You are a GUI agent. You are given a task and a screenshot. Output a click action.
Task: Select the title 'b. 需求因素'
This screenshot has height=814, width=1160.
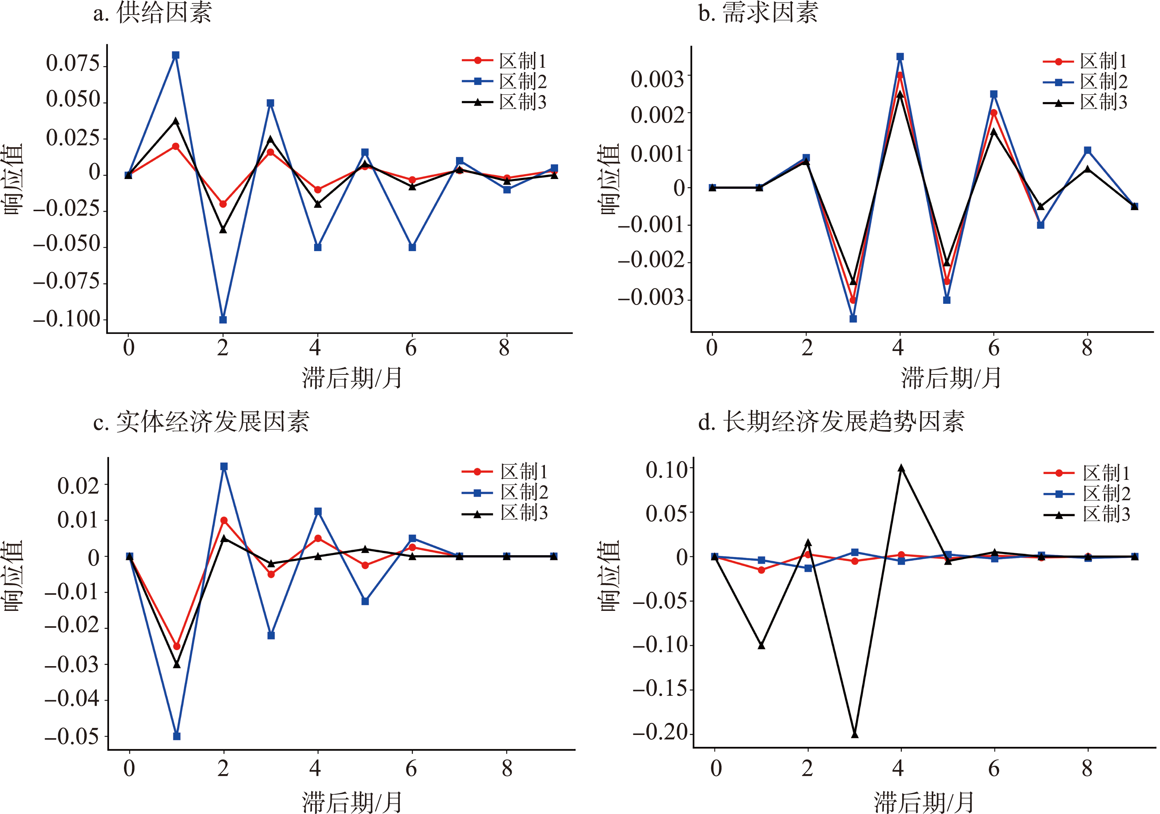click(x=758, y=13)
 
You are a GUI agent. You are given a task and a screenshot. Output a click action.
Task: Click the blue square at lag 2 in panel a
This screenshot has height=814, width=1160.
click(x=223, y=320)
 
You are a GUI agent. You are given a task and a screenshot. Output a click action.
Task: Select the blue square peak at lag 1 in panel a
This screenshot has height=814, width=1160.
click(x=175, y=55)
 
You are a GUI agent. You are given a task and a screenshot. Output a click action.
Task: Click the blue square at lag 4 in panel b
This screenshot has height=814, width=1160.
click(x=900, y=57)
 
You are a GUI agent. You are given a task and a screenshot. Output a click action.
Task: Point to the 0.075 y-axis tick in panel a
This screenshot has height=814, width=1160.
click(x=73, y=64)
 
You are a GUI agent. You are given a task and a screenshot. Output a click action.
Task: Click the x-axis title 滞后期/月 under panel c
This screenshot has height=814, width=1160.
click(x=352, y=801)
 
